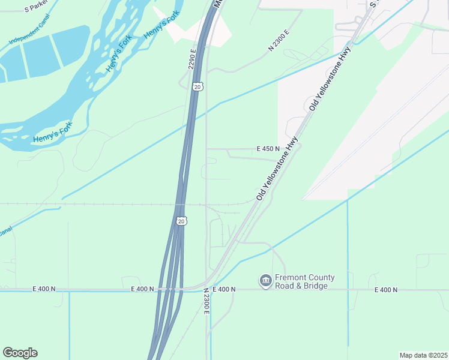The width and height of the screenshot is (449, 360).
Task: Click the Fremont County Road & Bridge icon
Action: [265, 281]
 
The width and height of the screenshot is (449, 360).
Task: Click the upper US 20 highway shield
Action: [197, 87]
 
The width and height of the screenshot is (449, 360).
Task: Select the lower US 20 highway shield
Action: [181, 221]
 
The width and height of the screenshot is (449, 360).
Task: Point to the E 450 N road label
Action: [268, 149]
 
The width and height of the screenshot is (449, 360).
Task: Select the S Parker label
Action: [36, 9]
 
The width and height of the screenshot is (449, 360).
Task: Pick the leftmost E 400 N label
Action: [44, 289]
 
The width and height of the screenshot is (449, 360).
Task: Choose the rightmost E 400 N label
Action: [386, 290]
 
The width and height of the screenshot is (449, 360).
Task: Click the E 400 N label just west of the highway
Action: [143, 289]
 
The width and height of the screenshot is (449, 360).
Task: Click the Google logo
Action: [20, 353]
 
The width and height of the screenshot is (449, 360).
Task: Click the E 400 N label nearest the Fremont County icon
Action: [223, 289]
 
